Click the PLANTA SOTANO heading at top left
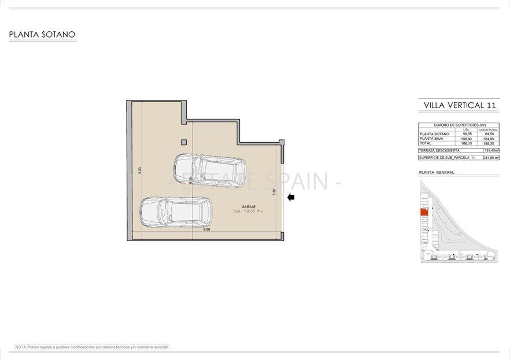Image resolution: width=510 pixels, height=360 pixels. [42, 35]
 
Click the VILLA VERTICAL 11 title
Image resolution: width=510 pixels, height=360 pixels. [460, 105]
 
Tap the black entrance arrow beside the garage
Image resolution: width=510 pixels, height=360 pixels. [291, 198]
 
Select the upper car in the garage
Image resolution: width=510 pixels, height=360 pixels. [209, 170]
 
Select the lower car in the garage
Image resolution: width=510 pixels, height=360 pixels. [176, 211]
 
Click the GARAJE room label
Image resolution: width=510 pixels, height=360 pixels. [248, 206]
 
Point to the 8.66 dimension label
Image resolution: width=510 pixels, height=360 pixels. [206, 230]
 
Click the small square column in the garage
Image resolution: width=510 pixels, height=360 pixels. [184, 142]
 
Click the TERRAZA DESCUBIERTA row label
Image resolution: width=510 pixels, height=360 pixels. [439, 150]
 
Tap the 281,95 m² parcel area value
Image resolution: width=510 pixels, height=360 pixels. [490, 157]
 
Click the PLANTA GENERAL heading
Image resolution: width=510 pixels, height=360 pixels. [437, 172]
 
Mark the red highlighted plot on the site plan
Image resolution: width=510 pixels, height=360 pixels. [424, 212]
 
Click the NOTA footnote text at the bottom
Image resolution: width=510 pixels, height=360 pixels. [92, 347]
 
